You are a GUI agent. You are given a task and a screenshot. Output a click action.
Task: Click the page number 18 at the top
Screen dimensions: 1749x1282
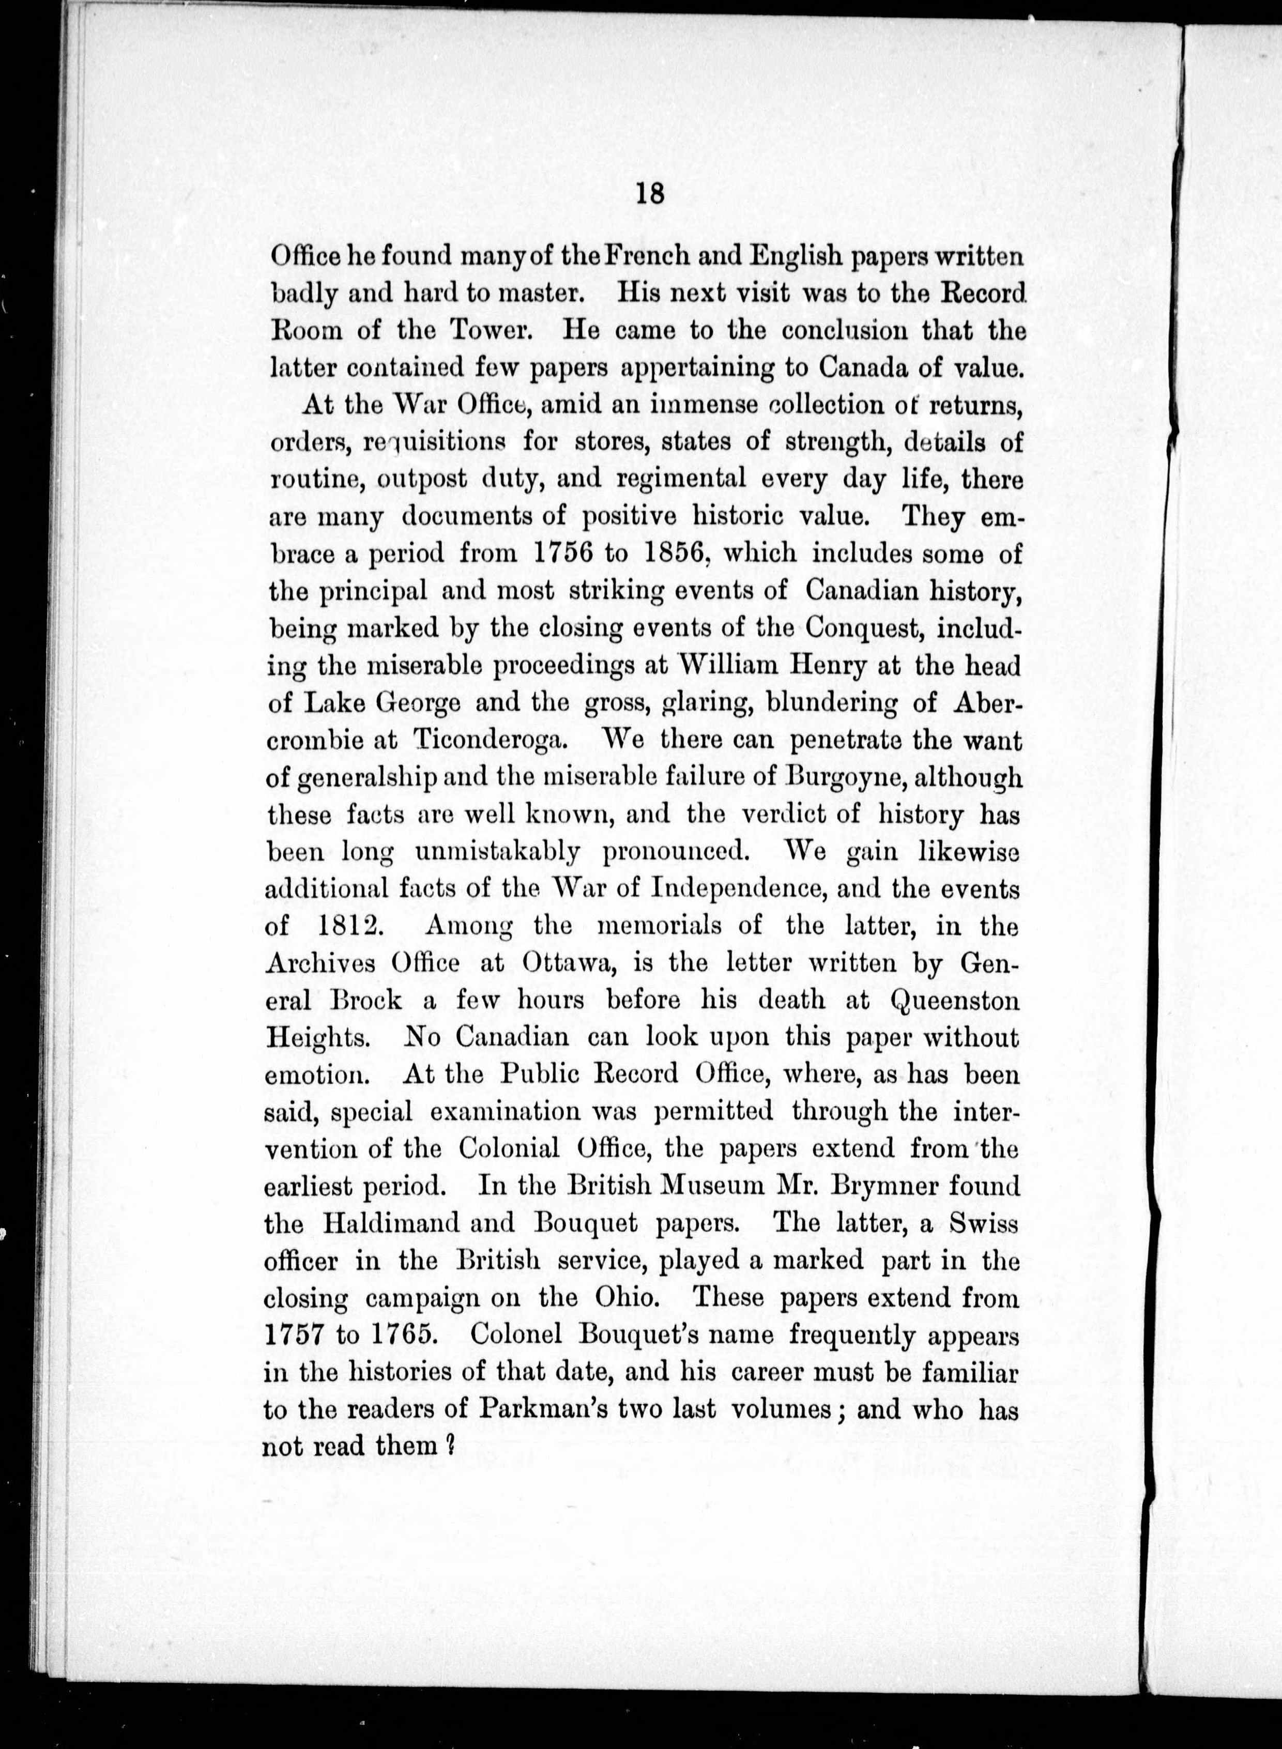[x=649, y=192]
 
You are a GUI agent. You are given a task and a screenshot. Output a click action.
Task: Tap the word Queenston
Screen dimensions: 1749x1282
[x=954, y=1000]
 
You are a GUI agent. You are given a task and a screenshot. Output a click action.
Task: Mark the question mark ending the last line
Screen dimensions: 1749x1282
[x=449, y=1446]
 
